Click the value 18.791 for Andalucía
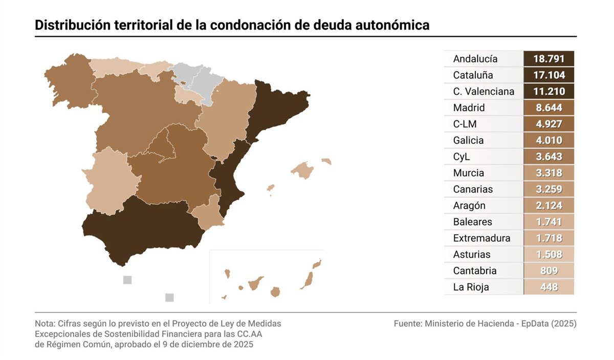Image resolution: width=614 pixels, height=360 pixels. point(549,59)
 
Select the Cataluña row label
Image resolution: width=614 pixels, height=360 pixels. point(473,75)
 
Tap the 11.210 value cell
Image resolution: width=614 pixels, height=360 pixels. point(549,92)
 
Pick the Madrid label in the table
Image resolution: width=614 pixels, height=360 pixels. point(469,108)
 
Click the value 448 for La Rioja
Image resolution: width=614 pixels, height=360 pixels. point(549,287)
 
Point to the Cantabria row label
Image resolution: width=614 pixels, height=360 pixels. point(475,271)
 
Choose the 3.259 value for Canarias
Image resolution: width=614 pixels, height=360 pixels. point(549,189)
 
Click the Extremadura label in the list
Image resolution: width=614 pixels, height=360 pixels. point(481,238)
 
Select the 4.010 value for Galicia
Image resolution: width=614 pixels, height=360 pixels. point(549,140)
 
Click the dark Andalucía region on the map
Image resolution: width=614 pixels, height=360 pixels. point(143,228)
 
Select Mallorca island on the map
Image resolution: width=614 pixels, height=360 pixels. point(302,170)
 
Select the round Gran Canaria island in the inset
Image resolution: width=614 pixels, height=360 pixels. point(275,292)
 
